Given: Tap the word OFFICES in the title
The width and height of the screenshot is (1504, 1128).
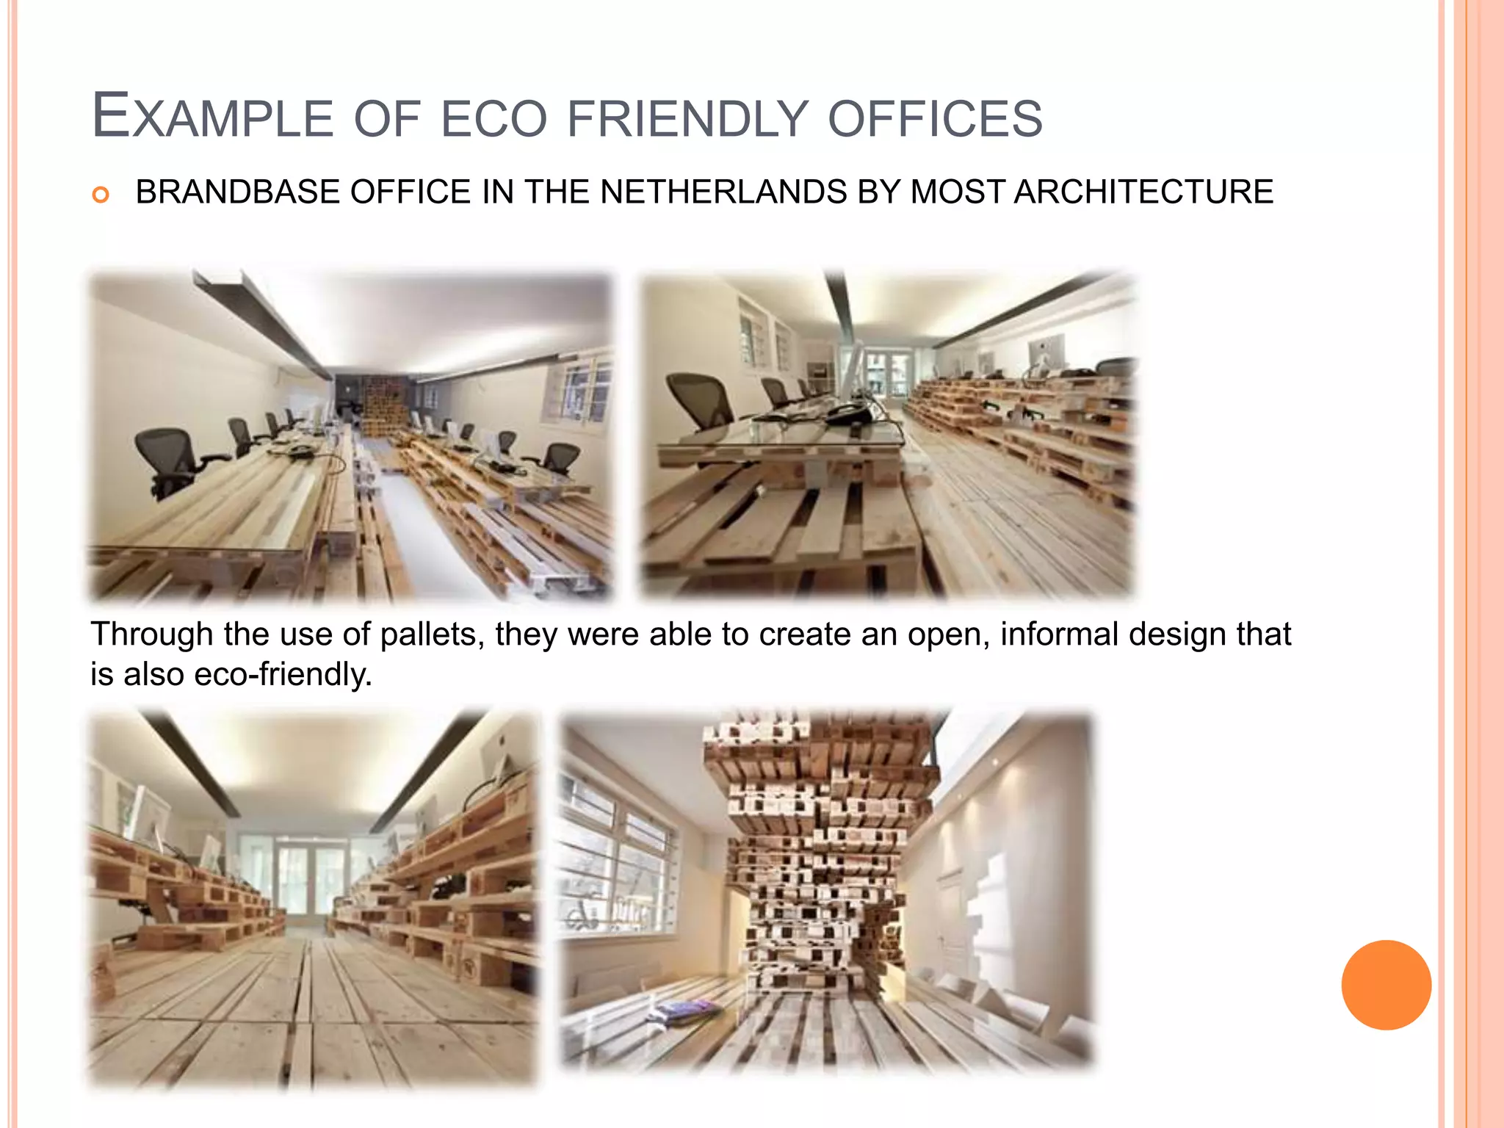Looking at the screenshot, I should coord(935,117).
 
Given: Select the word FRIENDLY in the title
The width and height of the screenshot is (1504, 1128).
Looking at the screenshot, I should coord(687,117).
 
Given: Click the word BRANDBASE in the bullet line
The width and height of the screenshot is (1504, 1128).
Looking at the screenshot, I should coord(239,192).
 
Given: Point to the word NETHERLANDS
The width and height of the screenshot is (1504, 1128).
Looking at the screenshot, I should coord(724,192).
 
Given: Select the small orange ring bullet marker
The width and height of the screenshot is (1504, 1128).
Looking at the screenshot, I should coord(101,195).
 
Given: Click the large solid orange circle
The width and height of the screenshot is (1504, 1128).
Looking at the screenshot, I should coord(1386,985).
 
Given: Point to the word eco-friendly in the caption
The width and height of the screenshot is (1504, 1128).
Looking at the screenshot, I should coord(283,674).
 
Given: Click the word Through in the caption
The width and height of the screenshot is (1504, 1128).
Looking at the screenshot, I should coord(152,634).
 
